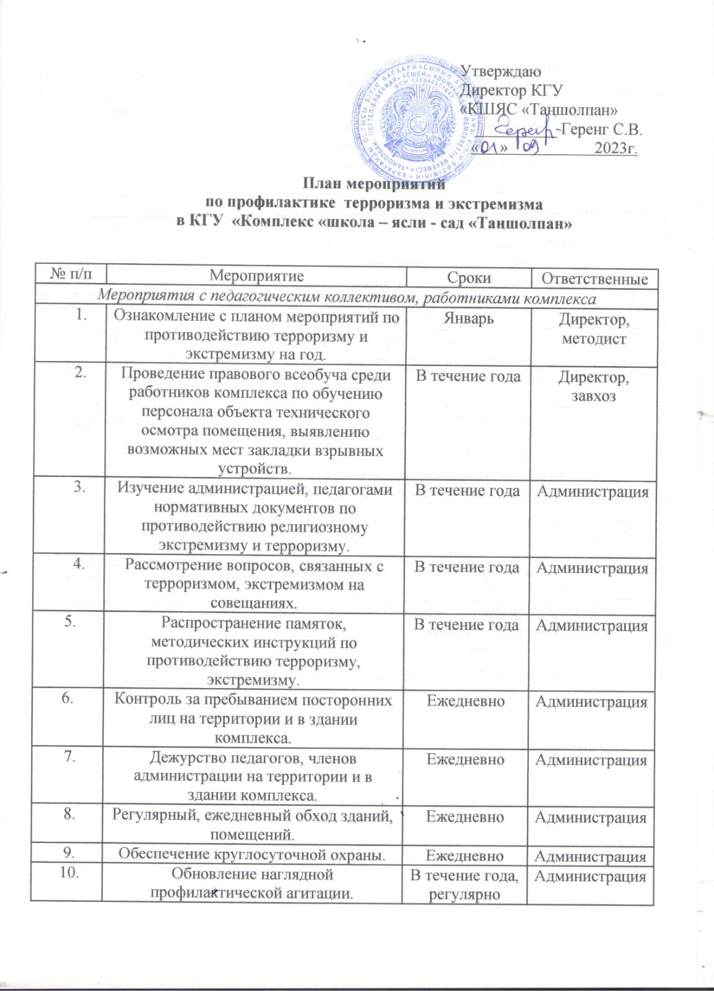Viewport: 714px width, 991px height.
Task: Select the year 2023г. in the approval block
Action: (x=616, y=149)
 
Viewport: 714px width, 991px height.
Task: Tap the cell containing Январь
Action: (x=469, y=318)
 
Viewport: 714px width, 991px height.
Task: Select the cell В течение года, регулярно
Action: (x=469, y=883)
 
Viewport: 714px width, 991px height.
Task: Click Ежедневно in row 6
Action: (x=469, y=702)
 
